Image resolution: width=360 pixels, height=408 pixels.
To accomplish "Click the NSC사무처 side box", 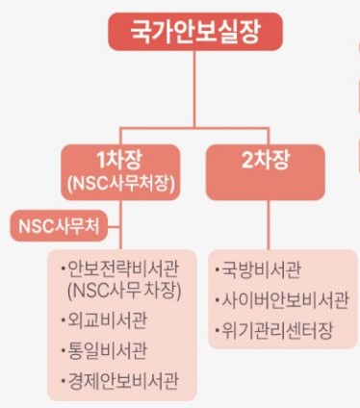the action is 59,226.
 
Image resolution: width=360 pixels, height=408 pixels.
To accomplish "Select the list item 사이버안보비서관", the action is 277,301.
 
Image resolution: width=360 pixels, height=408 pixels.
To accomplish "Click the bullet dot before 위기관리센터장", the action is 217,332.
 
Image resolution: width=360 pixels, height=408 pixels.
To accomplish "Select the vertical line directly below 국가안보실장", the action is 196,77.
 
